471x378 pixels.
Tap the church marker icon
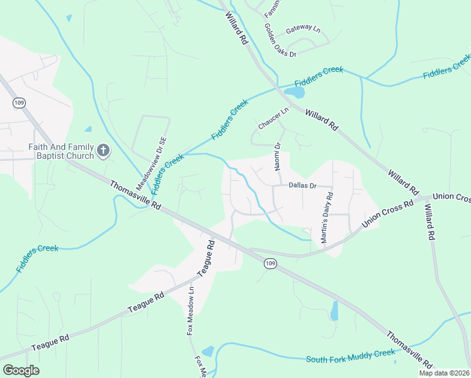pos(104,151)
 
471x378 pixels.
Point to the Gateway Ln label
pos(303,30)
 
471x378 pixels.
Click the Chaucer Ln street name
pos(273,118)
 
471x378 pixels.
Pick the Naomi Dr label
pos(277,156)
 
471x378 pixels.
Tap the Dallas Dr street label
pos(302,186)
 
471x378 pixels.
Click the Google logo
pos(21,370)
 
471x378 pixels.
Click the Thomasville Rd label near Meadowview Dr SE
pos(136,195)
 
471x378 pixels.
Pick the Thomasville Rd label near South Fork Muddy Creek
pos(409,351)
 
